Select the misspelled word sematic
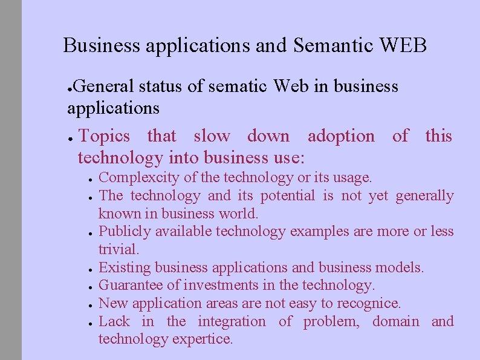coord(237,87)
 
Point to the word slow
coord(212,136)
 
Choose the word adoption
coord(341,136)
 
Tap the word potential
coord(288,195)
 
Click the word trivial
coord(118,249)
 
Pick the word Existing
coord(125,267)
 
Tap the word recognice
coord(371,303)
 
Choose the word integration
coord(232,321)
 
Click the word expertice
coord(202,339)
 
